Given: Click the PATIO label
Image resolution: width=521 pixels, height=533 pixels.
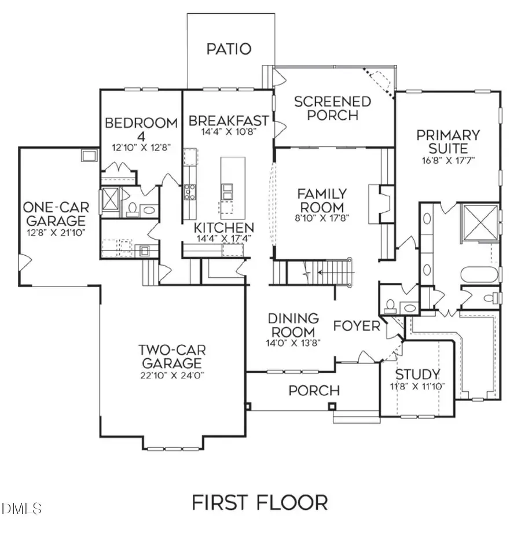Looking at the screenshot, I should click(229, 49).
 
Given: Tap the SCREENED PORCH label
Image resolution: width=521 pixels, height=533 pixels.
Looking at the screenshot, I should click(332, 108).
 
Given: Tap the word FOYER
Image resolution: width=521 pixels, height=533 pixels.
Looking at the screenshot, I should click(357, 326).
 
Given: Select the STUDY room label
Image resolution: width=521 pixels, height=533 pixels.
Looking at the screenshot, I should click(417, 373).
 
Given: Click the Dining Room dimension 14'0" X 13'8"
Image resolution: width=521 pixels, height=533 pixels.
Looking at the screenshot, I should click(293, 342).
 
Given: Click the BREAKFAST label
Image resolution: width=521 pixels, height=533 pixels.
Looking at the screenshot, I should click(229, 121).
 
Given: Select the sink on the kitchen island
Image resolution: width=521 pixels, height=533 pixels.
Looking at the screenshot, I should click(226, 189).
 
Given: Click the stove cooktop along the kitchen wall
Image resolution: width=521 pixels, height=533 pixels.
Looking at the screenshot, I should click(190, 191).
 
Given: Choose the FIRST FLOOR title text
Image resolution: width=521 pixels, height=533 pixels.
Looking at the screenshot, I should click(260, 501).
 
